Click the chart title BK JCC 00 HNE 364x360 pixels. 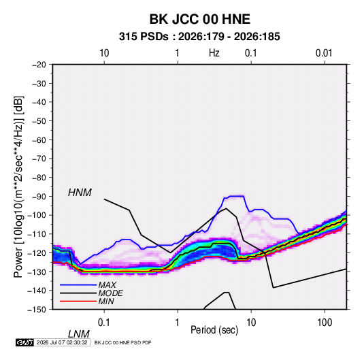point(199,19)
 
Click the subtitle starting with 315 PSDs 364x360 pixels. point(199,37)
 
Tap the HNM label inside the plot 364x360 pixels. point(80,193)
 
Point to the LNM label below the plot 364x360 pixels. point(78,334)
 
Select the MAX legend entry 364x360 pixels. point(107,284)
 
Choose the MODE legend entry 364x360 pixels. point(110,293)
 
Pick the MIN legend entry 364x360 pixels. point(106,301)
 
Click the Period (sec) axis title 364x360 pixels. point(214,330)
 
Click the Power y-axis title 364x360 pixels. point(18,187)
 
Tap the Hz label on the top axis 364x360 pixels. point(214,53)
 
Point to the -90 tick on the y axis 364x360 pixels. point(39,196)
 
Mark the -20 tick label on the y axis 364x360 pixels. point(39,65)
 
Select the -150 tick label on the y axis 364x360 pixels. point(37,310)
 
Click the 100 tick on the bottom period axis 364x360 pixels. point(325,323)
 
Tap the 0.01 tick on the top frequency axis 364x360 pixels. point(324,53)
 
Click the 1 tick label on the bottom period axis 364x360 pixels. point(178,323)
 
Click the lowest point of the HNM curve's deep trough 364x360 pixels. point(274,288)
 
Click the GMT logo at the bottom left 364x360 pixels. point(25,342)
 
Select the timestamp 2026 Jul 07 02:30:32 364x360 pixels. point(62,342)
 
